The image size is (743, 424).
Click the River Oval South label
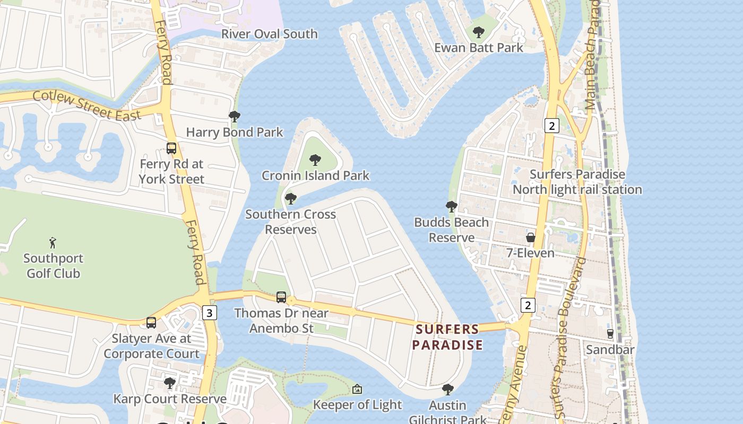point(269,34)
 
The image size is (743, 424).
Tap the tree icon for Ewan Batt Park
point(478,32)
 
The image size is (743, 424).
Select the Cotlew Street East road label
point(87,105)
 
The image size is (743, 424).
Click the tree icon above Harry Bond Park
point(234,117)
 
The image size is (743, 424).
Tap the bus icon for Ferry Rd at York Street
point(171,148)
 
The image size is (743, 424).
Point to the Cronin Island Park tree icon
point(315,160)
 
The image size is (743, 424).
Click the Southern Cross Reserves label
point(290,222)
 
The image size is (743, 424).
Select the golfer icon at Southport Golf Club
point(53,243)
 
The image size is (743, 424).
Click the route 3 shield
point(209,313)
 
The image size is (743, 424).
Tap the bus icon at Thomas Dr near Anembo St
point(281,297)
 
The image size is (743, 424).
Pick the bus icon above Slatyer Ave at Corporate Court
point(151,322)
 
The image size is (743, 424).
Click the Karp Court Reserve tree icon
point(170,383)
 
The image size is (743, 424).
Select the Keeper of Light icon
point(357,390)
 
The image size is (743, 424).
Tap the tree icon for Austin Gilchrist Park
point(447,390)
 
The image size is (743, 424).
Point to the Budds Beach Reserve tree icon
point(452,207)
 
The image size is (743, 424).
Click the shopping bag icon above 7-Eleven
point(530,237)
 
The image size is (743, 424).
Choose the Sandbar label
point(610,350)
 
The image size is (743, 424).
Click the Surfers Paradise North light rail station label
point(577,182)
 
